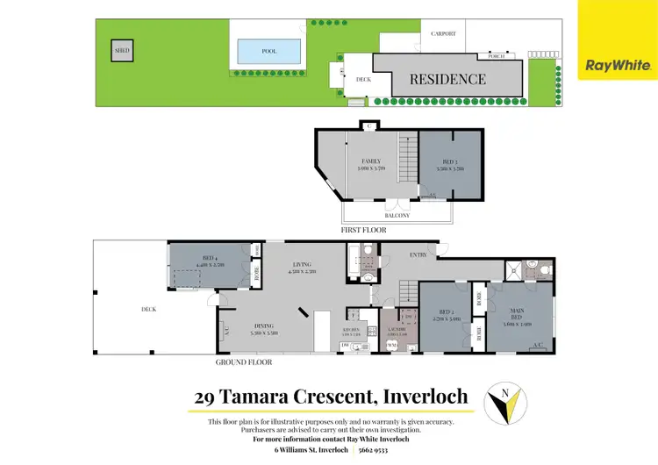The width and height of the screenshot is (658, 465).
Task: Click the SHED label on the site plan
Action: [x=122, y=51]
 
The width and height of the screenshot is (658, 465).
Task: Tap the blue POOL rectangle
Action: [x=269, y=52]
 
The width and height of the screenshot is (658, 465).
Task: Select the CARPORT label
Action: [x=444, y=34]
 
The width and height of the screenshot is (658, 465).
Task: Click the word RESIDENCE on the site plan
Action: [x=448, y=79]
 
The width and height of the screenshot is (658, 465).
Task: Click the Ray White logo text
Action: [x=618, y=65]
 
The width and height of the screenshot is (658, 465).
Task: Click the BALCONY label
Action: [x=397, y=215]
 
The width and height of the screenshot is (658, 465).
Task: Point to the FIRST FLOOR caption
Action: [x=362, y=230]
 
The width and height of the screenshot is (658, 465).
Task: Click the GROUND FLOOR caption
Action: [x=244, y=361]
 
